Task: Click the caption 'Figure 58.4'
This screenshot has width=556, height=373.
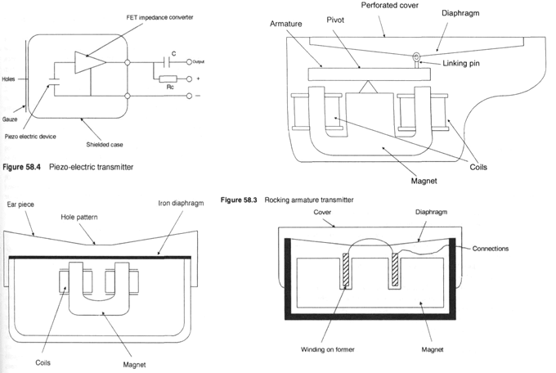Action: pyautogui.click(x=23, y=167)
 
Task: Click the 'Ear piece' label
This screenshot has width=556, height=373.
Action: pyautogui.click(x=21, y=201)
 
